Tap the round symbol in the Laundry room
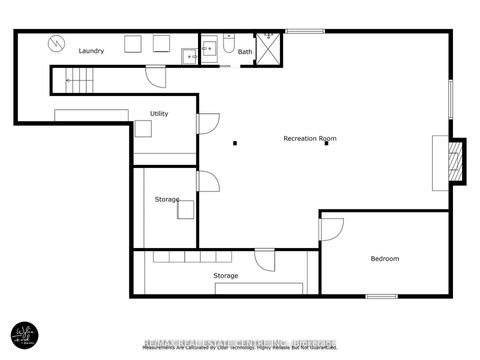coord(57,44)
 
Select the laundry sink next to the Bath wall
coord(189,56)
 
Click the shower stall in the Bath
coord(268,49)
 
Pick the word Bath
coord(245,52)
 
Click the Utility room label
coord(159,114)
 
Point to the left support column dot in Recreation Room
coord(235,143)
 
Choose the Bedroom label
coord(385,259)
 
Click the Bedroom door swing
coord(330,228)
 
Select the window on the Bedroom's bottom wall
coord(381,296)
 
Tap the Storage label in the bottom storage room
coord(225,275)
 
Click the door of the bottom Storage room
coord(264,260)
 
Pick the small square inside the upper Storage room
coord(186,209)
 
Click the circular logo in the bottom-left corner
coord(25,334)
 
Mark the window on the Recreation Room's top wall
coord(304,31)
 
